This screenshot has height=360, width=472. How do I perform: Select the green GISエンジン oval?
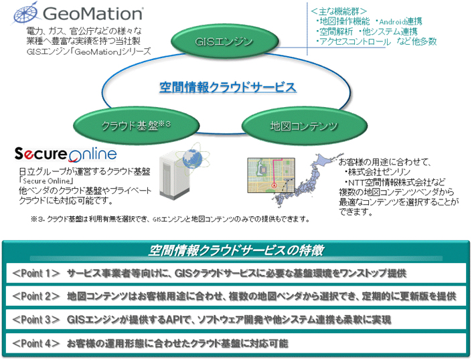coord(224,42)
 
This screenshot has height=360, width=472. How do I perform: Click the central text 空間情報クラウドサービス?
coord(228,87)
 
